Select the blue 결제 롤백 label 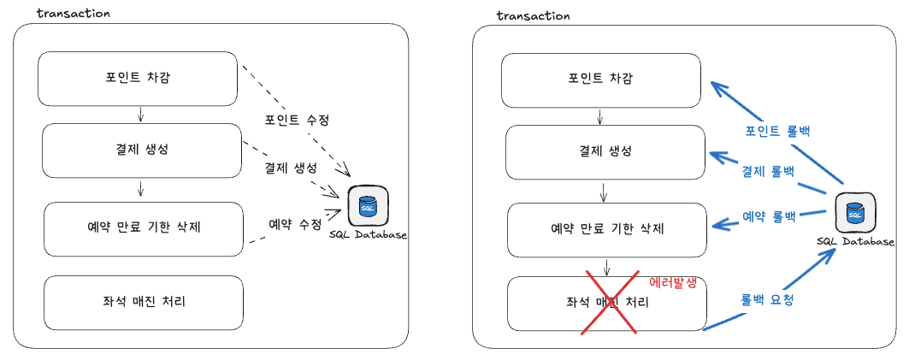click(x=768, y=172)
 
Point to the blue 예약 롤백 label click(x=769, y=217)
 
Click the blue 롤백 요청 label click(x=767, y=299)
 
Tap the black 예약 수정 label click(x=294, y=223)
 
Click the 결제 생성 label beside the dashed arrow click(x=291, y=168)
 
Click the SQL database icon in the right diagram click(x=854, y=214)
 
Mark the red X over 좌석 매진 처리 click(x=610, y=302)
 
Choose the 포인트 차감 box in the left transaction click(x=138, y=79)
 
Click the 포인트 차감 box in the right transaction click(x=601, y=80)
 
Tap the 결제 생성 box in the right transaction click(x=605, y=152)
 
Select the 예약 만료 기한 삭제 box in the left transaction click(x=144, y=229)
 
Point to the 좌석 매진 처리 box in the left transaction click(x=144, y=302)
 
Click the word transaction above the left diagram click(x=73, y=14)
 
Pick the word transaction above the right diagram click(x=534, y=15)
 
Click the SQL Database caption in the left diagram click(x=369, y=234)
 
